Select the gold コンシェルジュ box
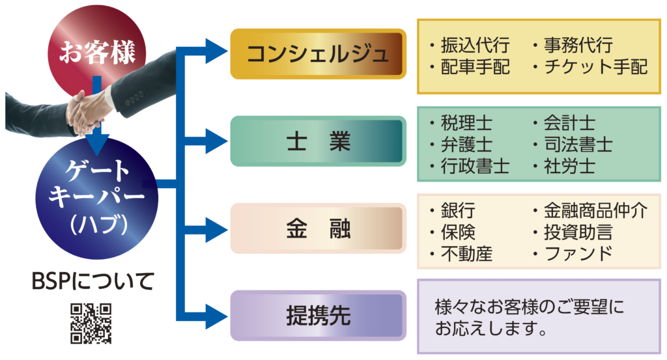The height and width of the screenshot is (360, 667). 318,54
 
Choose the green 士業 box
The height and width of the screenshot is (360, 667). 318,141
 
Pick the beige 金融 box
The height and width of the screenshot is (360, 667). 318,228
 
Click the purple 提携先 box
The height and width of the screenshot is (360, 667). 318,316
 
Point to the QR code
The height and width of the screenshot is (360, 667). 91,323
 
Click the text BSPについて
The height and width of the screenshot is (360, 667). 93,281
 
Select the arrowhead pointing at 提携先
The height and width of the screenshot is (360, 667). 215,316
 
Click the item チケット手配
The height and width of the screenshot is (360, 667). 595,67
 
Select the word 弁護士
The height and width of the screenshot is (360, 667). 466,144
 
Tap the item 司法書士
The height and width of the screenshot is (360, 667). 578,144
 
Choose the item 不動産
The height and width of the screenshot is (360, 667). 466,253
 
